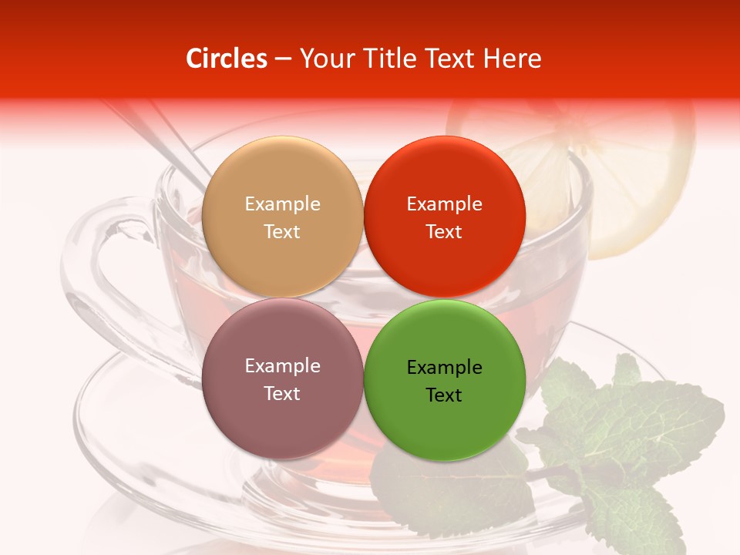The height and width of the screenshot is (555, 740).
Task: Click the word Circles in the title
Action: tap(227, 59)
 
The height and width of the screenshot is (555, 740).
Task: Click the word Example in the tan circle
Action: tap(282, 204)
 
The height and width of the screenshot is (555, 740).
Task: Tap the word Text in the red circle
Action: tap(444, 232)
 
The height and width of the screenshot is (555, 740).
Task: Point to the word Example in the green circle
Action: tap(444, 368)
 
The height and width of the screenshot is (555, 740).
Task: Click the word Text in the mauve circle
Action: tap(282, 394)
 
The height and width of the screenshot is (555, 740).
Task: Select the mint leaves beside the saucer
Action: tap(632, 432)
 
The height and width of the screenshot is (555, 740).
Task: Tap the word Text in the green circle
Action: tap(444, 395)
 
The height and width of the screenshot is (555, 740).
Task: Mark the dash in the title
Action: tap(283, 59)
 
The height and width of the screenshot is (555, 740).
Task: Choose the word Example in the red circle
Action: tap(444, 204)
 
